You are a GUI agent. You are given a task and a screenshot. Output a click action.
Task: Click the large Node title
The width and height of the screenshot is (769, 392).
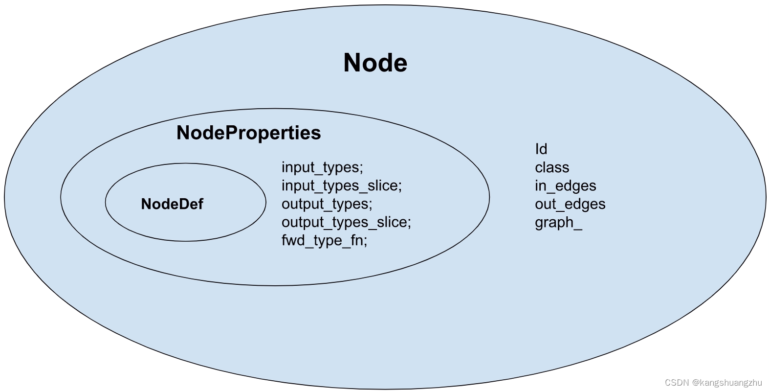click(375, 63)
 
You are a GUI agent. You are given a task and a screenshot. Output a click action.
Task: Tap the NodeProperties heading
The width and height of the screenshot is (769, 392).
click(248, 133)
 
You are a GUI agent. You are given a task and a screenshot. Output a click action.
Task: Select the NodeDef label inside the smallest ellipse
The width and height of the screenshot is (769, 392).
click(172, 204)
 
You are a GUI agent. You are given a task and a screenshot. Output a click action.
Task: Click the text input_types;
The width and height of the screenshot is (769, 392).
click(322, 167)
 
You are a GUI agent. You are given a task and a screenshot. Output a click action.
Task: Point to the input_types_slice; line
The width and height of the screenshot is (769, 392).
click(341, 185)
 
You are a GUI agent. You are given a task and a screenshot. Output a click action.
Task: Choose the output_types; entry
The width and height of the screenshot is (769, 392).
click(327, 204)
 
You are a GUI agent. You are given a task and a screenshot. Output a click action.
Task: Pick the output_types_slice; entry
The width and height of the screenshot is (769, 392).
click(346, 222)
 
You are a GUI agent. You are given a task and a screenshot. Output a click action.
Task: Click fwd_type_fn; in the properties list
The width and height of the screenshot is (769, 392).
click(324, 240)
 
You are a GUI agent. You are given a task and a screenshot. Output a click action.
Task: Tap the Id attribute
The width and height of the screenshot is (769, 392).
click(541, 149)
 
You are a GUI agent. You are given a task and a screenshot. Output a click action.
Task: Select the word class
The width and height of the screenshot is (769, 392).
click(552, 167)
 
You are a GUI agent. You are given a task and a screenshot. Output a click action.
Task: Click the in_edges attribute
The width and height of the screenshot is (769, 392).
click(565, 185)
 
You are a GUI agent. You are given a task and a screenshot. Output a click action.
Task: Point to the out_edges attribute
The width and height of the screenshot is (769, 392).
click(570, 204)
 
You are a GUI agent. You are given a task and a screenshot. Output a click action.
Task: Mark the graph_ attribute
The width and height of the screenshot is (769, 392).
click(558, 222)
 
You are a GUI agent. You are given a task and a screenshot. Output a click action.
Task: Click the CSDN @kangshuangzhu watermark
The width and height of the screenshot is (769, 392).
click(713, 382)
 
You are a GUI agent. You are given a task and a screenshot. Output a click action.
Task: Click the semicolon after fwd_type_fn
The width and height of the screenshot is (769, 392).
click(365, 242)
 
